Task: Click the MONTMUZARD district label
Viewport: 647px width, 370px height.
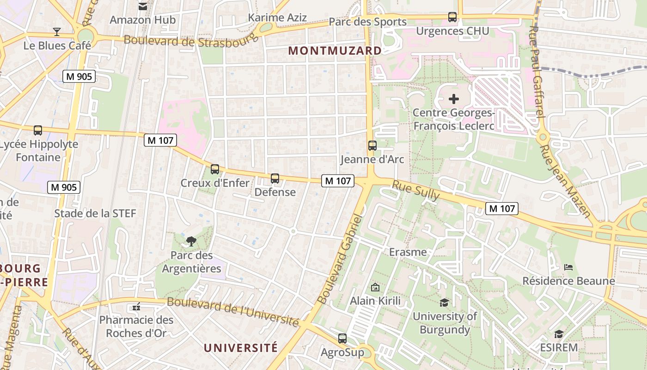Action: tap(335, 51)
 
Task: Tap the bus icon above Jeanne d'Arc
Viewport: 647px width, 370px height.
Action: tap(372, 146)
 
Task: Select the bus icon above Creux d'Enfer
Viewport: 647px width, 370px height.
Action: tap(215, 169)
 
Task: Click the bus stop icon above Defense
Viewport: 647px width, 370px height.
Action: tap(275, 179)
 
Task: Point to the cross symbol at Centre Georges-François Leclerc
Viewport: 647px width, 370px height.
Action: tap(454, 99)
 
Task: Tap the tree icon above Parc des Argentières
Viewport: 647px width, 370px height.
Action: tap(191, 241)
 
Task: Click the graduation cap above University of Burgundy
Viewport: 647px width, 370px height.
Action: tap(444, 302)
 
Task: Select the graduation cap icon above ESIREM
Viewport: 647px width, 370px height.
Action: tap(559, 334)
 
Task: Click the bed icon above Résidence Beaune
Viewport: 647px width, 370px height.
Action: tap(568, 267)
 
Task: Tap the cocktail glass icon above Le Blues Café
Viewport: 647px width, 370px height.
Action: tap(57, 32)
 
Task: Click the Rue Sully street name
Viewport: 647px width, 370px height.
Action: tap(416, 190)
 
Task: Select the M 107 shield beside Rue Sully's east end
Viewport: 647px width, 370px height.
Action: tap(501, 209)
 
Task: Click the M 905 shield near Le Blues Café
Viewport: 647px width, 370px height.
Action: tap(79, 76)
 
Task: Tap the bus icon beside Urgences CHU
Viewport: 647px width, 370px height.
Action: tap(452, 17)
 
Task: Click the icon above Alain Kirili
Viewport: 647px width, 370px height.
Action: tap(375, 287)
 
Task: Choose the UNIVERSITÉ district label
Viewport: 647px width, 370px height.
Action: tap(241, 348)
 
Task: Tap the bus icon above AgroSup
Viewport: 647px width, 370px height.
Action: tap(342, 339)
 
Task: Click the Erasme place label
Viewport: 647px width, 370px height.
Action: tap(408, 253)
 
